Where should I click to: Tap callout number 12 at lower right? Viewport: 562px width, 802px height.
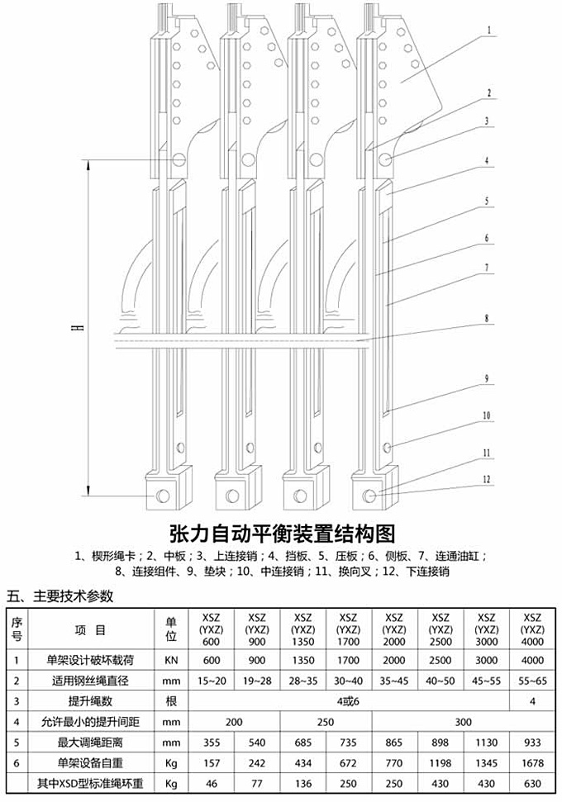pyautogui.click(x=488, y=479)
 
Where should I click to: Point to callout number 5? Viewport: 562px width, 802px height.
pyautogui.click(x=488, y=201)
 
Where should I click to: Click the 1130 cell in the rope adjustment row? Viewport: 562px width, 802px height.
pyautogui.click(x=488, y=740)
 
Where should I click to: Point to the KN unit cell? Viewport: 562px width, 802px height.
pyautogui.click(x=171, y=660)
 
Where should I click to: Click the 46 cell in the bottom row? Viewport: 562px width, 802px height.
pyautogui.click(x=211, y=781)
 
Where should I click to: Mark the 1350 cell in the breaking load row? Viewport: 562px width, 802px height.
pyautogui.click(x=302, y=660)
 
